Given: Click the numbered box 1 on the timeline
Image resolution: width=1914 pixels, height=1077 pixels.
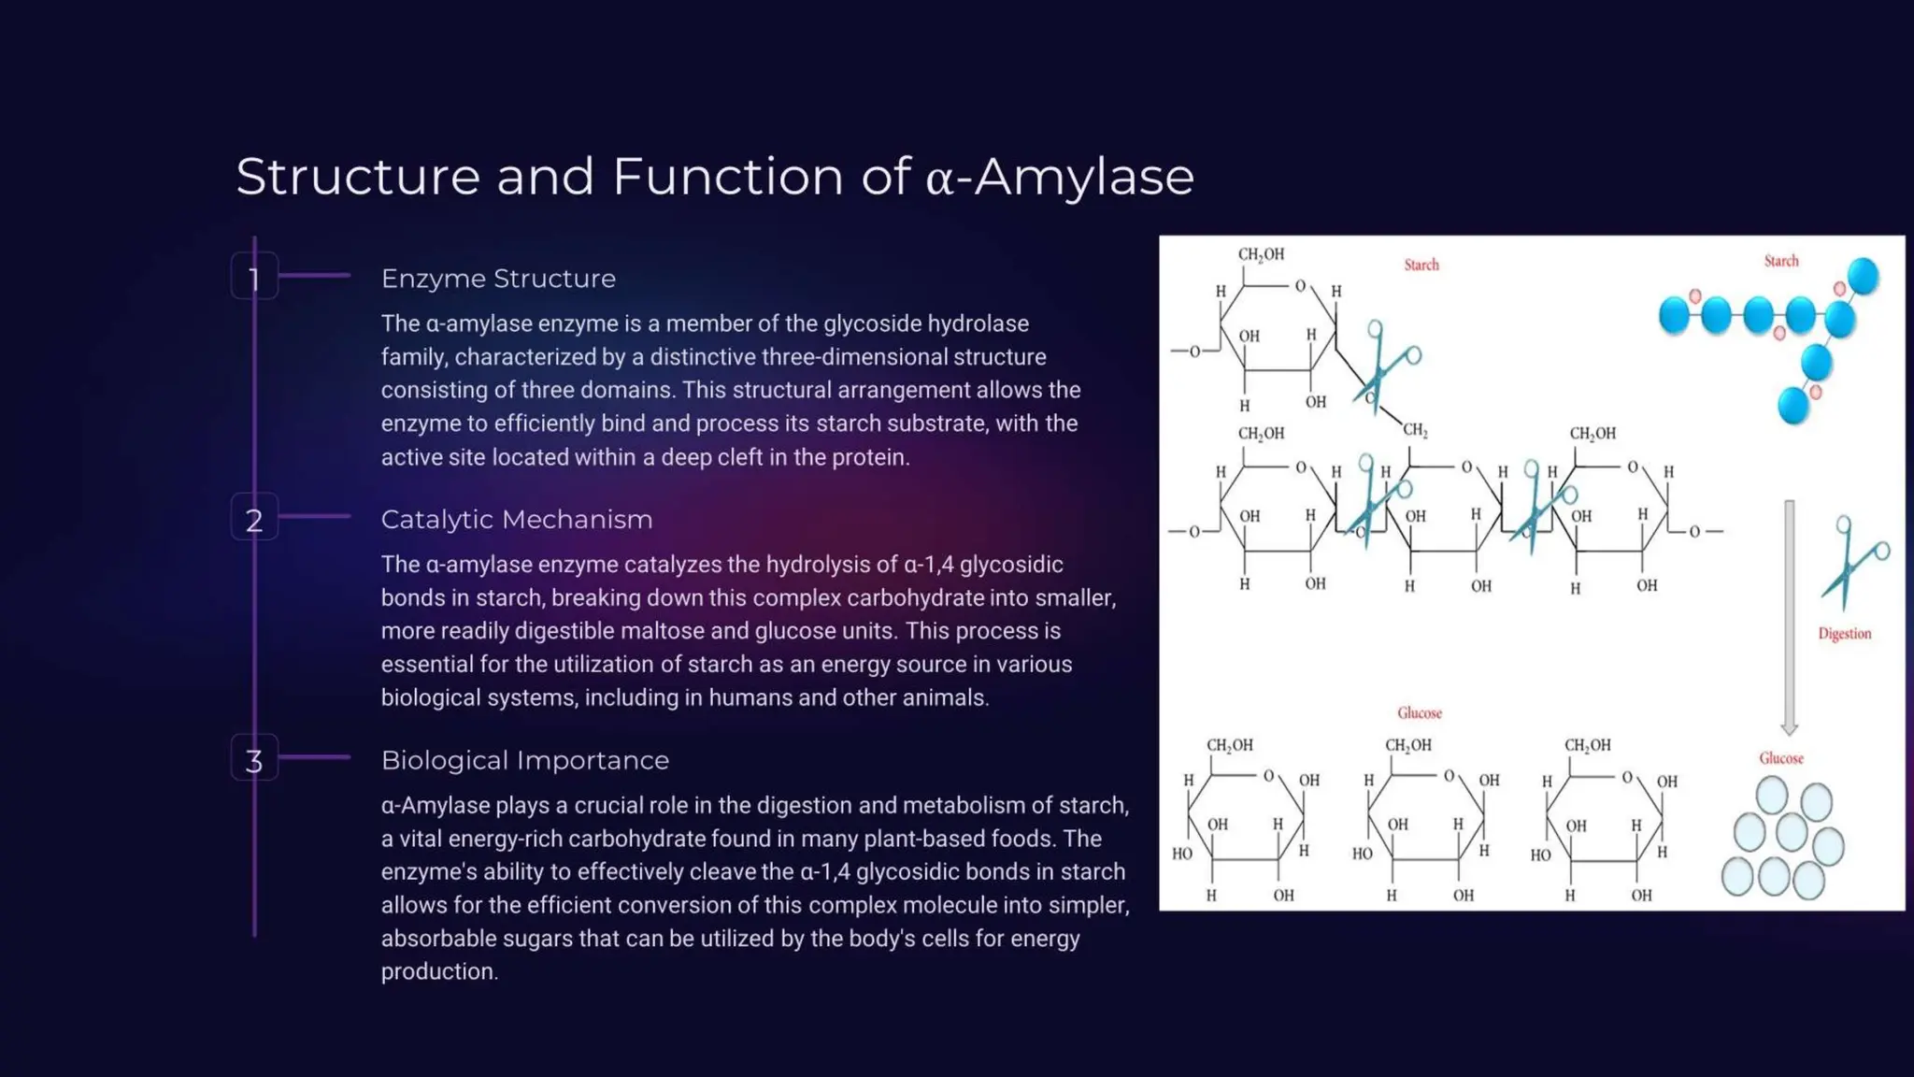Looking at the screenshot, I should click(x=254, y=277).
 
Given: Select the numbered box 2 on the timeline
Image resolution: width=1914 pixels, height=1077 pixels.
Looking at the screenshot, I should click(x=254, y=518).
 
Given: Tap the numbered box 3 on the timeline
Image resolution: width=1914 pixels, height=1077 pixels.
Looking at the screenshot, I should click(x=254, y=759).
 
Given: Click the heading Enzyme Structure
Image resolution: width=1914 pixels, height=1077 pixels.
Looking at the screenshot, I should click(x=498, y=279).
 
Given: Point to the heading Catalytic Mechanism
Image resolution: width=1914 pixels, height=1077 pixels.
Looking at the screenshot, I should click(x=517, y=520).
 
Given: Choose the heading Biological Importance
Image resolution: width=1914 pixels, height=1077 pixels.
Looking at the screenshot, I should click(x=525, y=761).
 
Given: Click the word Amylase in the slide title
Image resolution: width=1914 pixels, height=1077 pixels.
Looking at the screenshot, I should click(x=1084, y=177).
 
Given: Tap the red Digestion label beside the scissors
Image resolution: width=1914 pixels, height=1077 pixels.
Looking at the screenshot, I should click(x=1844, y=634).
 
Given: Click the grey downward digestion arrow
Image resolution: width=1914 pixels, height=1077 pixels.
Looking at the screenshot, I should click(x=1789, y=617).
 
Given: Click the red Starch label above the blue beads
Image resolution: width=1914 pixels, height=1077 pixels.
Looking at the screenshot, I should click(x=1780, y=262).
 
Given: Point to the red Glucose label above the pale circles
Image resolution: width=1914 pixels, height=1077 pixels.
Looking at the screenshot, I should click(x=1781, y=758).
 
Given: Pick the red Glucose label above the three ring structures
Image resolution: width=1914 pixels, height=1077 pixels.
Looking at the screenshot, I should click(x=1419, y=713).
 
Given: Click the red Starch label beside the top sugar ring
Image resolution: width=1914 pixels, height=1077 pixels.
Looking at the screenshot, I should click(x=1421, y=266).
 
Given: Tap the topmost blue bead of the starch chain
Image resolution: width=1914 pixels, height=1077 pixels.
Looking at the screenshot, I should click(x=1863, y=276).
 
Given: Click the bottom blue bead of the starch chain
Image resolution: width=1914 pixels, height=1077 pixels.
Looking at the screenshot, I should click(x=1793, y=406).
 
